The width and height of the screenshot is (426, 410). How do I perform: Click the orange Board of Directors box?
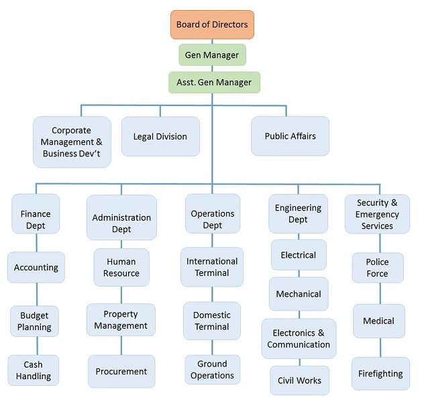pos(212,25)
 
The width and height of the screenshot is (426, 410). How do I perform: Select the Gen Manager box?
pos(212,54)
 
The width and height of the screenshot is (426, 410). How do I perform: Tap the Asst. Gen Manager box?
pos(214,83)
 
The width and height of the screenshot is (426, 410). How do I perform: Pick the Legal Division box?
pos(160,136)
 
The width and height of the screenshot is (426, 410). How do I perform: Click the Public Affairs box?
pos(290,136)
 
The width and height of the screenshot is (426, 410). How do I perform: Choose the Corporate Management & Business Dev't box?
pos(72,142)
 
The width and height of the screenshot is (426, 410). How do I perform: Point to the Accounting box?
pos(36,268)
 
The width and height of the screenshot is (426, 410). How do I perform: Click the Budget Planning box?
pos(35,322)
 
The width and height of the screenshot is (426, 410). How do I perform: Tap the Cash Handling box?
pos(34,370)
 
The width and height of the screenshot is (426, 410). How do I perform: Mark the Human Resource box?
pos(121,267)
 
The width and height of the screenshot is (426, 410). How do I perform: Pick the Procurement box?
pos(121,371)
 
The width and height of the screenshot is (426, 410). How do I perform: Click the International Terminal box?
pos(212,267)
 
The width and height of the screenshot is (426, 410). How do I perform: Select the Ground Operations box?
pos(212,370)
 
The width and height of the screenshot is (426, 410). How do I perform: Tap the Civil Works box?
pos(299,380)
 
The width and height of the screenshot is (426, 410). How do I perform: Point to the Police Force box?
pos(378,268)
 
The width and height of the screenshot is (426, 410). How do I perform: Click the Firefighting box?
pos(380,374)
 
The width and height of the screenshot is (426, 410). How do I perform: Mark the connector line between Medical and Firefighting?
pos(380,348)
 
